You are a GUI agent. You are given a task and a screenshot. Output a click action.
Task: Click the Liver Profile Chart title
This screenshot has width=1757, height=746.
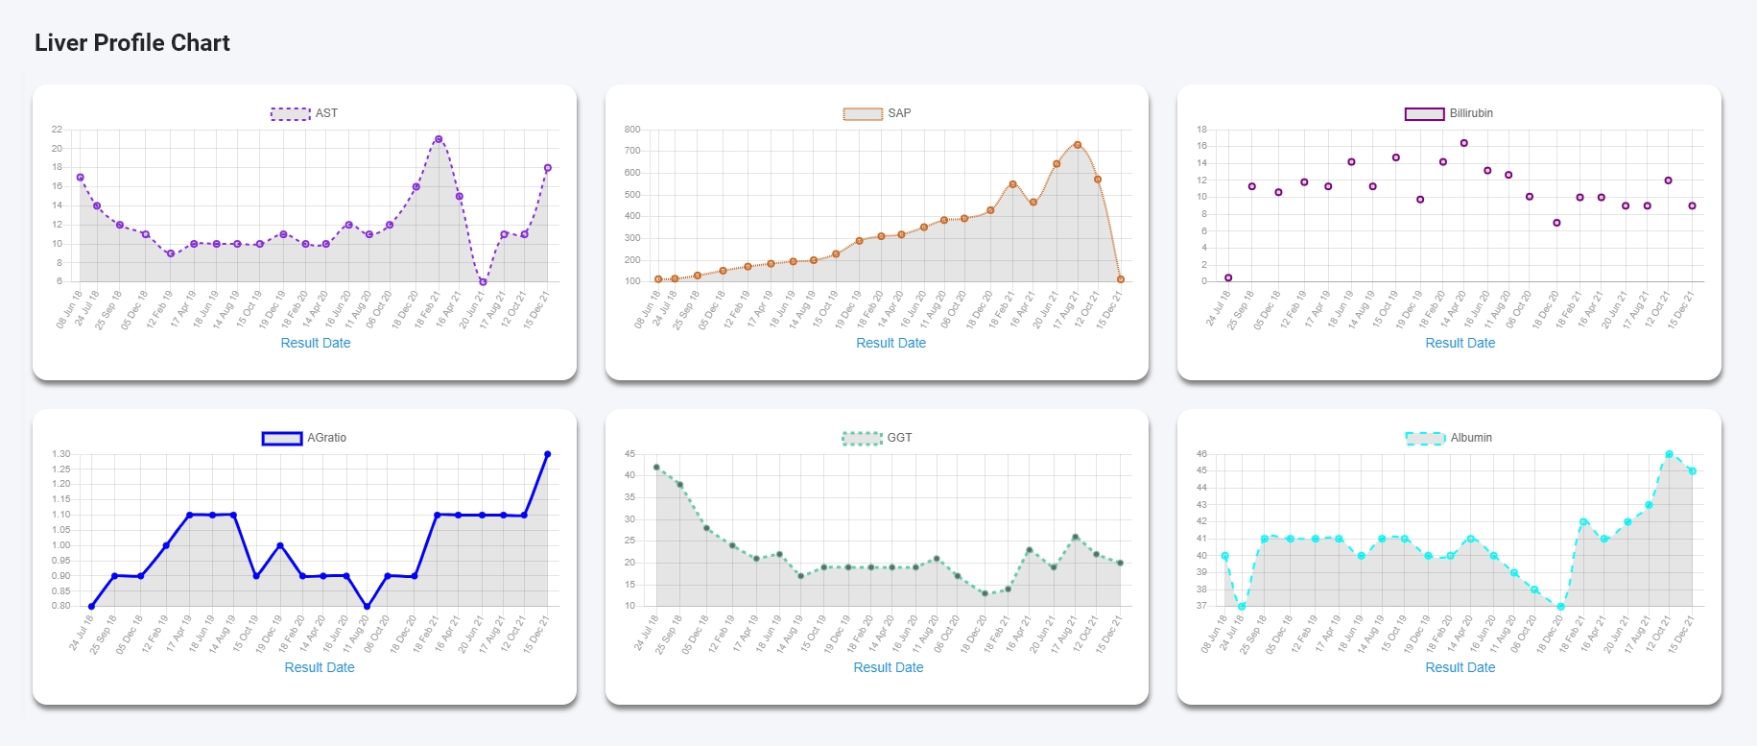(132, 43)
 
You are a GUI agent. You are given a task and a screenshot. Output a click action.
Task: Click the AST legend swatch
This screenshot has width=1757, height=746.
(290, 113)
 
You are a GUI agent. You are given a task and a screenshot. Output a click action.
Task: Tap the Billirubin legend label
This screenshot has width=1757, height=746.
(1470, 113)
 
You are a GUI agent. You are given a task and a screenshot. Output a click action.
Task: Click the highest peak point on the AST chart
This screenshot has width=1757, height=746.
(439, 139)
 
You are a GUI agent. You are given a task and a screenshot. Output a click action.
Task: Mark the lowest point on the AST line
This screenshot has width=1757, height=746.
(483, 282)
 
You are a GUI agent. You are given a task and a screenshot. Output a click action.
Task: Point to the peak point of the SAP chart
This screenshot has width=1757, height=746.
(1078, 145)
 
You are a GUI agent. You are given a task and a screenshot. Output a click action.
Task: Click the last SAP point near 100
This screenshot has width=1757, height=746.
(1121, 279)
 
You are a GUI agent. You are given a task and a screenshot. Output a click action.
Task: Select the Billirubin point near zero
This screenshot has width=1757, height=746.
(1228, 277)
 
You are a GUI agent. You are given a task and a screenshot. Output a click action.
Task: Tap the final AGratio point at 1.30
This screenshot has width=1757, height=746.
(548, 454)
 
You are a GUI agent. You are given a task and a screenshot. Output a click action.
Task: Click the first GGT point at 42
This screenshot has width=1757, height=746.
(656, 468)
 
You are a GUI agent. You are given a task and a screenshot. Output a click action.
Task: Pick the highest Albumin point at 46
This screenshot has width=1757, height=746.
(1670, 454)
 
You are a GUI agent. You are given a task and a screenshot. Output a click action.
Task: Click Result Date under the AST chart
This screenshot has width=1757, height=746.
(316, 343)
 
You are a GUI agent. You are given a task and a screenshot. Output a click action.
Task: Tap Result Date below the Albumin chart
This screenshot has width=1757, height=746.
(1460, 667)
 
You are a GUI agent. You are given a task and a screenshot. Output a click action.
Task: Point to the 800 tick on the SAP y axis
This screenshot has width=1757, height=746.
(632, 130)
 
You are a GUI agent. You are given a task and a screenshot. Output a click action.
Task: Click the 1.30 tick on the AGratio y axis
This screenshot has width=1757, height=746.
(61, 454)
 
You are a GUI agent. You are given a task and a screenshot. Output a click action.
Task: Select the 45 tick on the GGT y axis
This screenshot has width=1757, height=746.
(629, 454)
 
